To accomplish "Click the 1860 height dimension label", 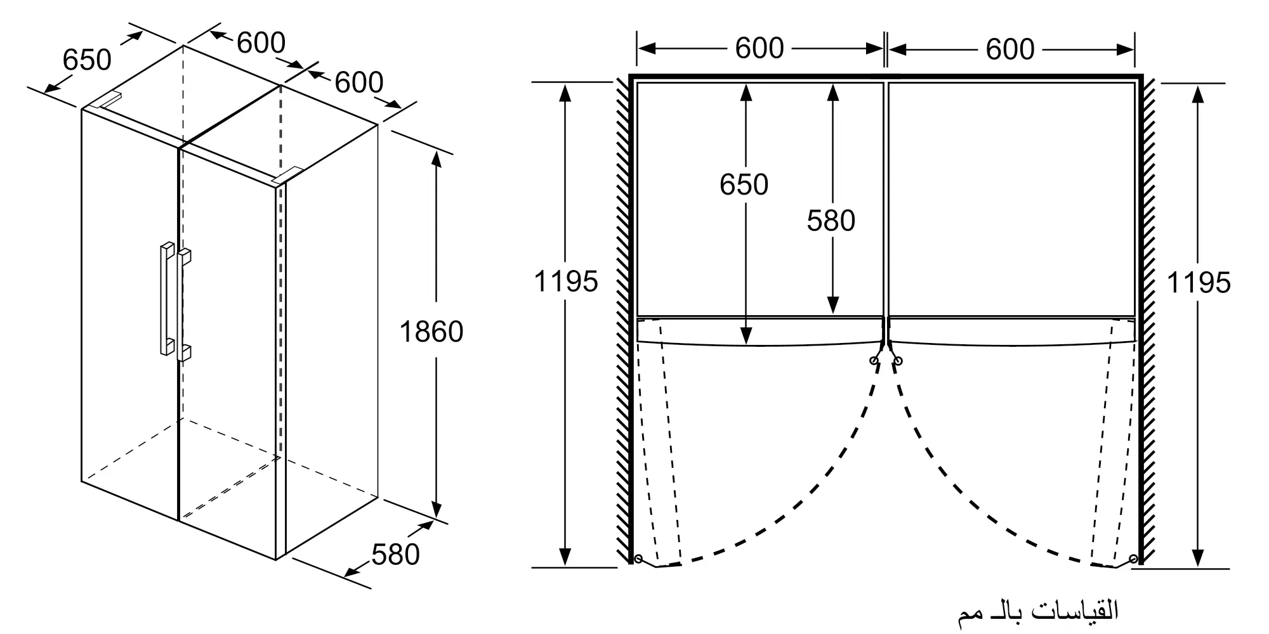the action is [x=431, y=332].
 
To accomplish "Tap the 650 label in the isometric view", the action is [x=87, y=60].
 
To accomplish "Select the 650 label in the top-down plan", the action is [x=744, y=184].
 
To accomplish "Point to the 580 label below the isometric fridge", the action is [x=395, y=554].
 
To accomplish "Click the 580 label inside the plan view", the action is [x=831, y=221].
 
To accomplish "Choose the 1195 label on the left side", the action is [x=565, y=281].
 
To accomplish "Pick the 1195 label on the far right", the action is [x=1199, y=283].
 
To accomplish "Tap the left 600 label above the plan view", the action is [x=759, y=48].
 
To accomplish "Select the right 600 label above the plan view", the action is [x=1010, y=49].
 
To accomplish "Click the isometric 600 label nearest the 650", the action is [x=261, y=43].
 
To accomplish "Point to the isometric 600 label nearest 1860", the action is [x=358, y=82].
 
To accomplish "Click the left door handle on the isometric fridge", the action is [x=167, y=298].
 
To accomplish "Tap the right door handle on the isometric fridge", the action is [x=184, y=305].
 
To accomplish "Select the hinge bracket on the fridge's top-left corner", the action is [x=106, y=100].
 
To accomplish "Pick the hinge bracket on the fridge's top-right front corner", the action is [x=287, y=176].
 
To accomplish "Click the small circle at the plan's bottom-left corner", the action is [x=638, y=559].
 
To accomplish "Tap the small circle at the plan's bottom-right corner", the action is [x=1133, y=559].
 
